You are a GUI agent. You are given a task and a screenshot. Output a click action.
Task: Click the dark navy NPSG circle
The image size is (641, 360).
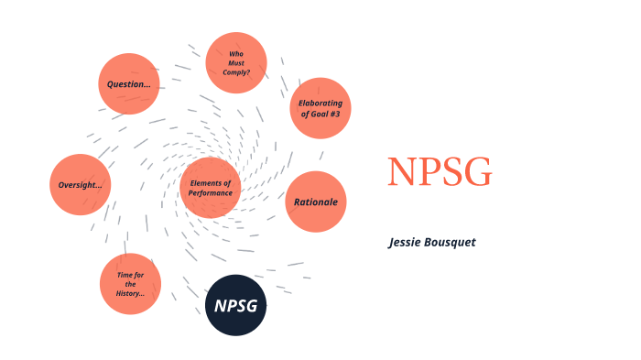tap(234, 305)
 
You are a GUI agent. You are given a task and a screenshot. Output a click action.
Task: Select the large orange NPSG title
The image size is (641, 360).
tap(439, 172)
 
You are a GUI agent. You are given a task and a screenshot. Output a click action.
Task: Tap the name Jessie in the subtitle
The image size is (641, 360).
tap(404, 242)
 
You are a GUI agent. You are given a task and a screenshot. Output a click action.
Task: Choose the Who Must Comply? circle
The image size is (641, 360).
tap(236, 62)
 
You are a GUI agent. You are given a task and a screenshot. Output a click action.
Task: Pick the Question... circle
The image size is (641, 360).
tap(129, 83)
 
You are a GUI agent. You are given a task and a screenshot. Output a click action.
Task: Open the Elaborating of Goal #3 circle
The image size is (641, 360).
tap(320, 108)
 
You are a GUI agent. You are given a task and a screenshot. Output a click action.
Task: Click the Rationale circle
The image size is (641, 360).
tap(317, 202)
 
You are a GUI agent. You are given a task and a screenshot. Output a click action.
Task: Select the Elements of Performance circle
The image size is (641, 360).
tap(211, 188)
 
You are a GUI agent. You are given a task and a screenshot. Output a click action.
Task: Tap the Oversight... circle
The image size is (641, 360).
tap(81, 185)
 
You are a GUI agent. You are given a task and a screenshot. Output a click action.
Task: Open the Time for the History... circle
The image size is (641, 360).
tap(130, 284)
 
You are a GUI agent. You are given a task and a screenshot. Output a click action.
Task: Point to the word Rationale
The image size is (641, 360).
tap(317, 202)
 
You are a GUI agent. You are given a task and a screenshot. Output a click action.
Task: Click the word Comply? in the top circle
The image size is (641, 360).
tap(236, 71)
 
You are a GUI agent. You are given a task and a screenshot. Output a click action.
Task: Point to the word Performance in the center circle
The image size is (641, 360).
tap(211, 193)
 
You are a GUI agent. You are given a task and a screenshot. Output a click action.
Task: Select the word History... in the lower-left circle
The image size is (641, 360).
tap(130, 293)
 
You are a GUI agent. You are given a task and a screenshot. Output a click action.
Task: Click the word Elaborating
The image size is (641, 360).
tap(320, 103)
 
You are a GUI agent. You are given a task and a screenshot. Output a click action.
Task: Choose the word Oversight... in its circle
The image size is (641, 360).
tap(81, 185)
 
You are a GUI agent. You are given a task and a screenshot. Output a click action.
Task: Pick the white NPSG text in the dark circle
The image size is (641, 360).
tap(234, 305)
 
